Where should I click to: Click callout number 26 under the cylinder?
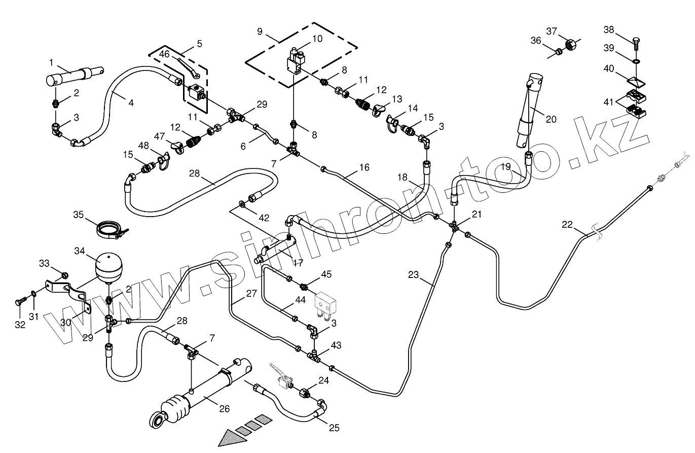(224, 409)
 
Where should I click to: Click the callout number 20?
(551, 119)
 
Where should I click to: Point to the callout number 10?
(317, 39)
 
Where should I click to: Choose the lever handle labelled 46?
(189, 68)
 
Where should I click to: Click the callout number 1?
(51, 62)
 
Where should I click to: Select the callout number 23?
(414, 275)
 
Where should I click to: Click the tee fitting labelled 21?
(455, 226)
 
